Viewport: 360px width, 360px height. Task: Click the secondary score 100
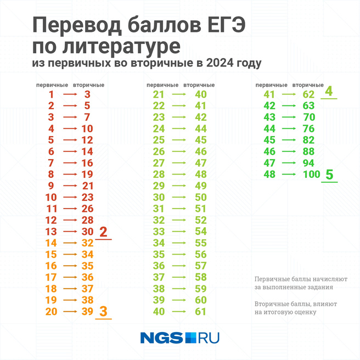point(311,175)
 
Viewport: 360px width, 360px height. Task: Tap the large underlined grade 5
point(329,175)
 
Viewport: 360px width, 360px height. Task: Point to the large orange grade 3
point(103,311)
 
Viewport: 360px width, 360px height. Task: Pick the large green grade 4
point(329,91)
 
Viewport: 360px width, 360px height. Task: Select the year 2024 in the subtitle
point(218,63)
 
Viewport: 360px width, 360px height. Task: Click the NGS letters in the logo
point(161,337)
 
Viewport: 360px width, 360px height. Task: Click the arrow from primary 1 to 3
point(70,94)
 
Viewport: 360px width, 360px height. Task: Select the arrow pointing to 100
point(289,175)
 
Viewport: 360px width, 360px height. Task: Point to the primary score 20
point(51,311)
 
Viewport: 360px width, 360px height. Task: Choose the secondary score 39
point(88,311)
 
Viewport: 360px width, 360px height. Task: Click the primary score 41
point(269,94)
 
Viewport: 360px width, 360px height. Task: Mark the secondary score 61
point(200,312)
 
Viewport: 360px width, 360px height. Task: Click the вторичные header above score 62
point(308,85)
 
